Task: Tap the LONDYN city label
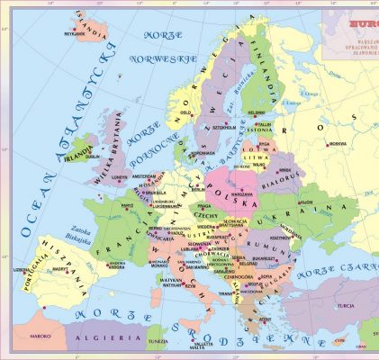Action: coord(120,177)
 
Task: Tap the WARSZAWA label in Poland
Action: coord(239,194)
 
